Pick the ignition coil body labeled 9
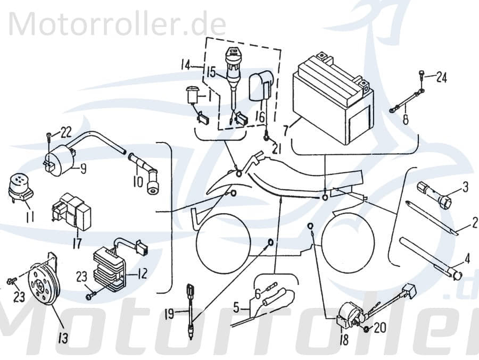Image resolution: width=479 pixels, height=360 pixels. click(x=59, y=159)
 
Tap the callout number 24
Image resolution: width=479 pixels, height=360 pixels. click(x=441, y=78)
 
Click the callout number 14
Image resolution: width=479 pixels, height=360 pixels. click(x=184, y=66)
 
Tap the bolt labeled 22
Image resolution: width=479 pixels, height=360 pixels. click(x=49, y=136)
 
